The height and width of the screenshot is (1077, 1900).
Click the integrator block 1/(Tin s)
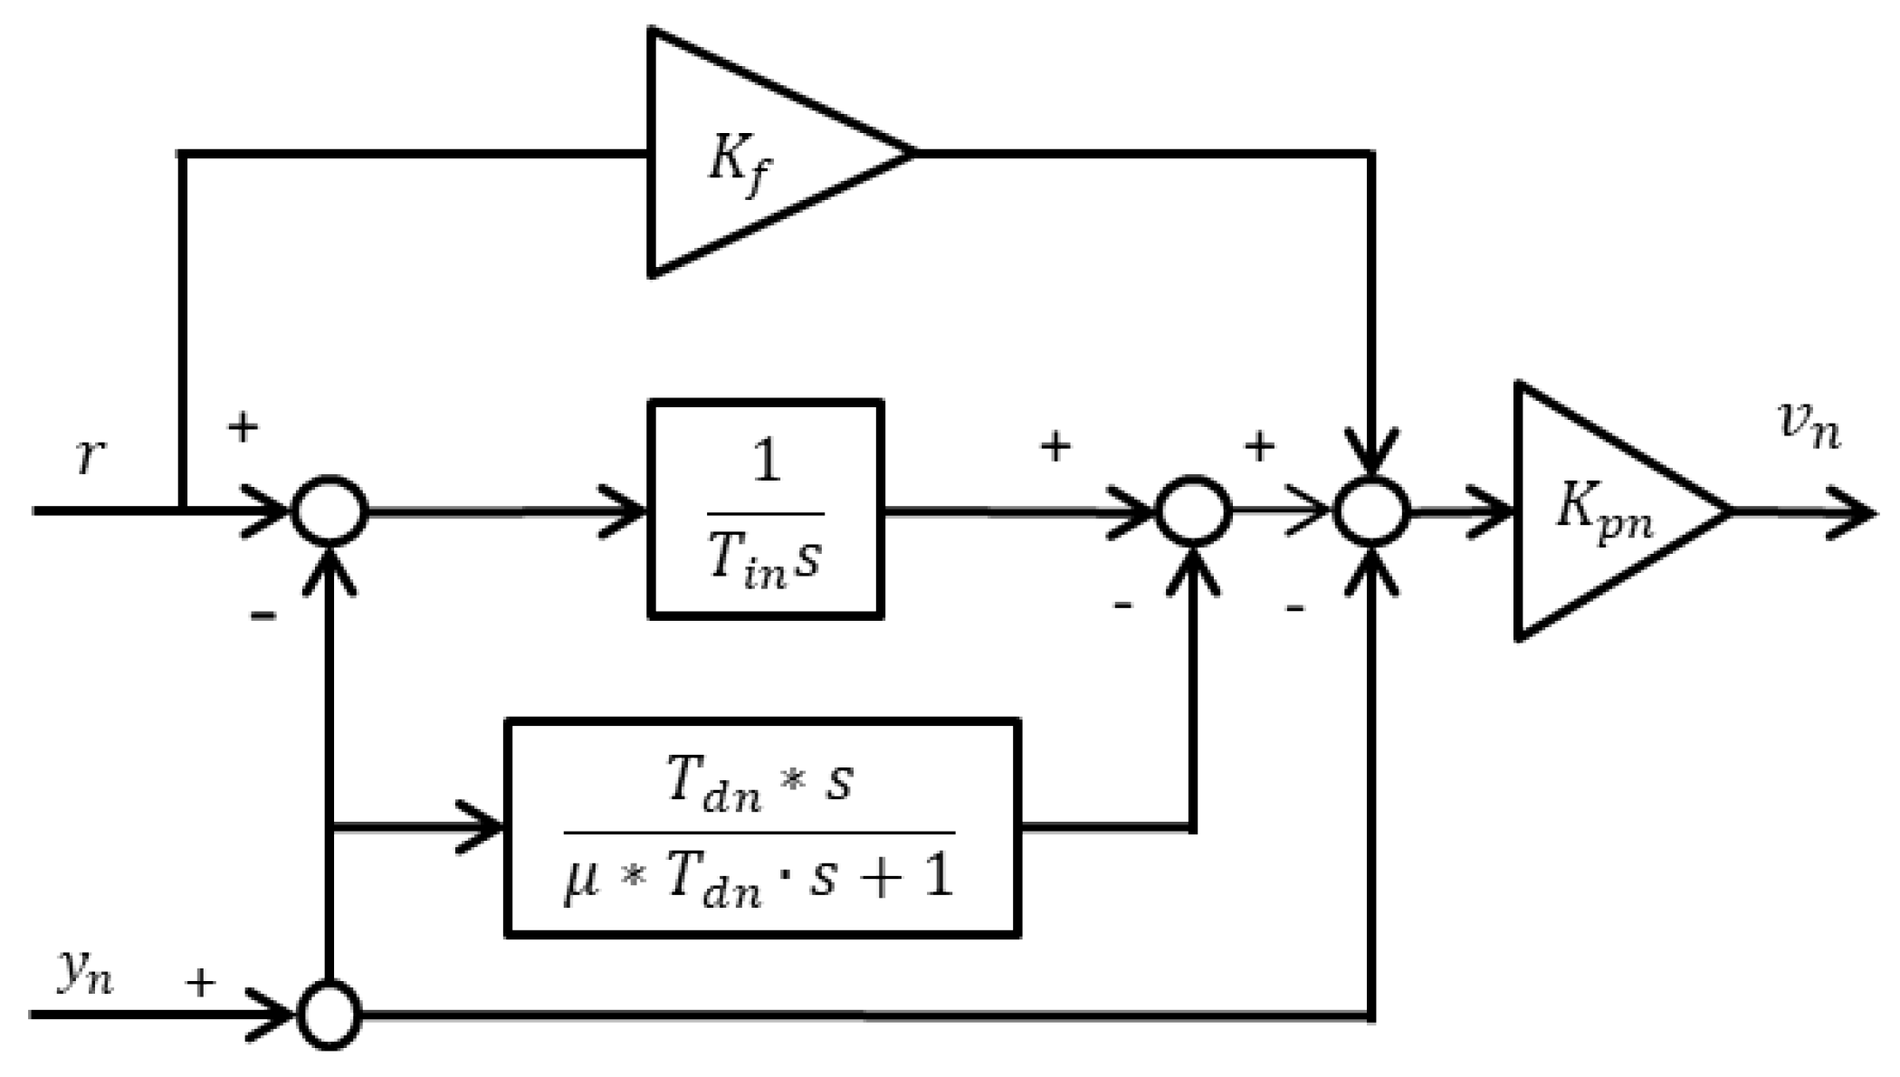click(x=766, y=510)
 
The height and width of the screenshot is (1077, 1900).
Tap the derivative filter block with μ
click(x=762, y=828)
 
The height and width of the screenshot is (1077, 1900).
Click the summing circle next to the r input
click(x=329, y=510)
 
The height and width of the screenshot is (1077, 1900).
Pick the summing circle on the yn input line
click(x=329, y=1015)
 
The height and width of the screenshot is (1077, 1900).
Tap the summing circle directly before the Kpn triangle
click(x=1372, y=512)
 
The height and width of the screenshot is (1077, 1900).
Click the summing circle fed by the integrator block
click(x=1193, y=512)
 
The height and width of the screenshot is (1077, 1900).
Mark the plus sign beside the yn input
click(x=201, y=982)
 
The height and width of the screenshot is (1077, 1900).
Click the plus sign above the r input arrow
click(x=243, y=426)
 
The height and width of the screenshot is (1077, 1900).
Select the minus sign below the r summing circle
click(x=263, y=616)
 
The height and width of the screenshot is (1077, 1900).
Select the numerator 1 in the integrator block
click(x=766, y=462)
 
